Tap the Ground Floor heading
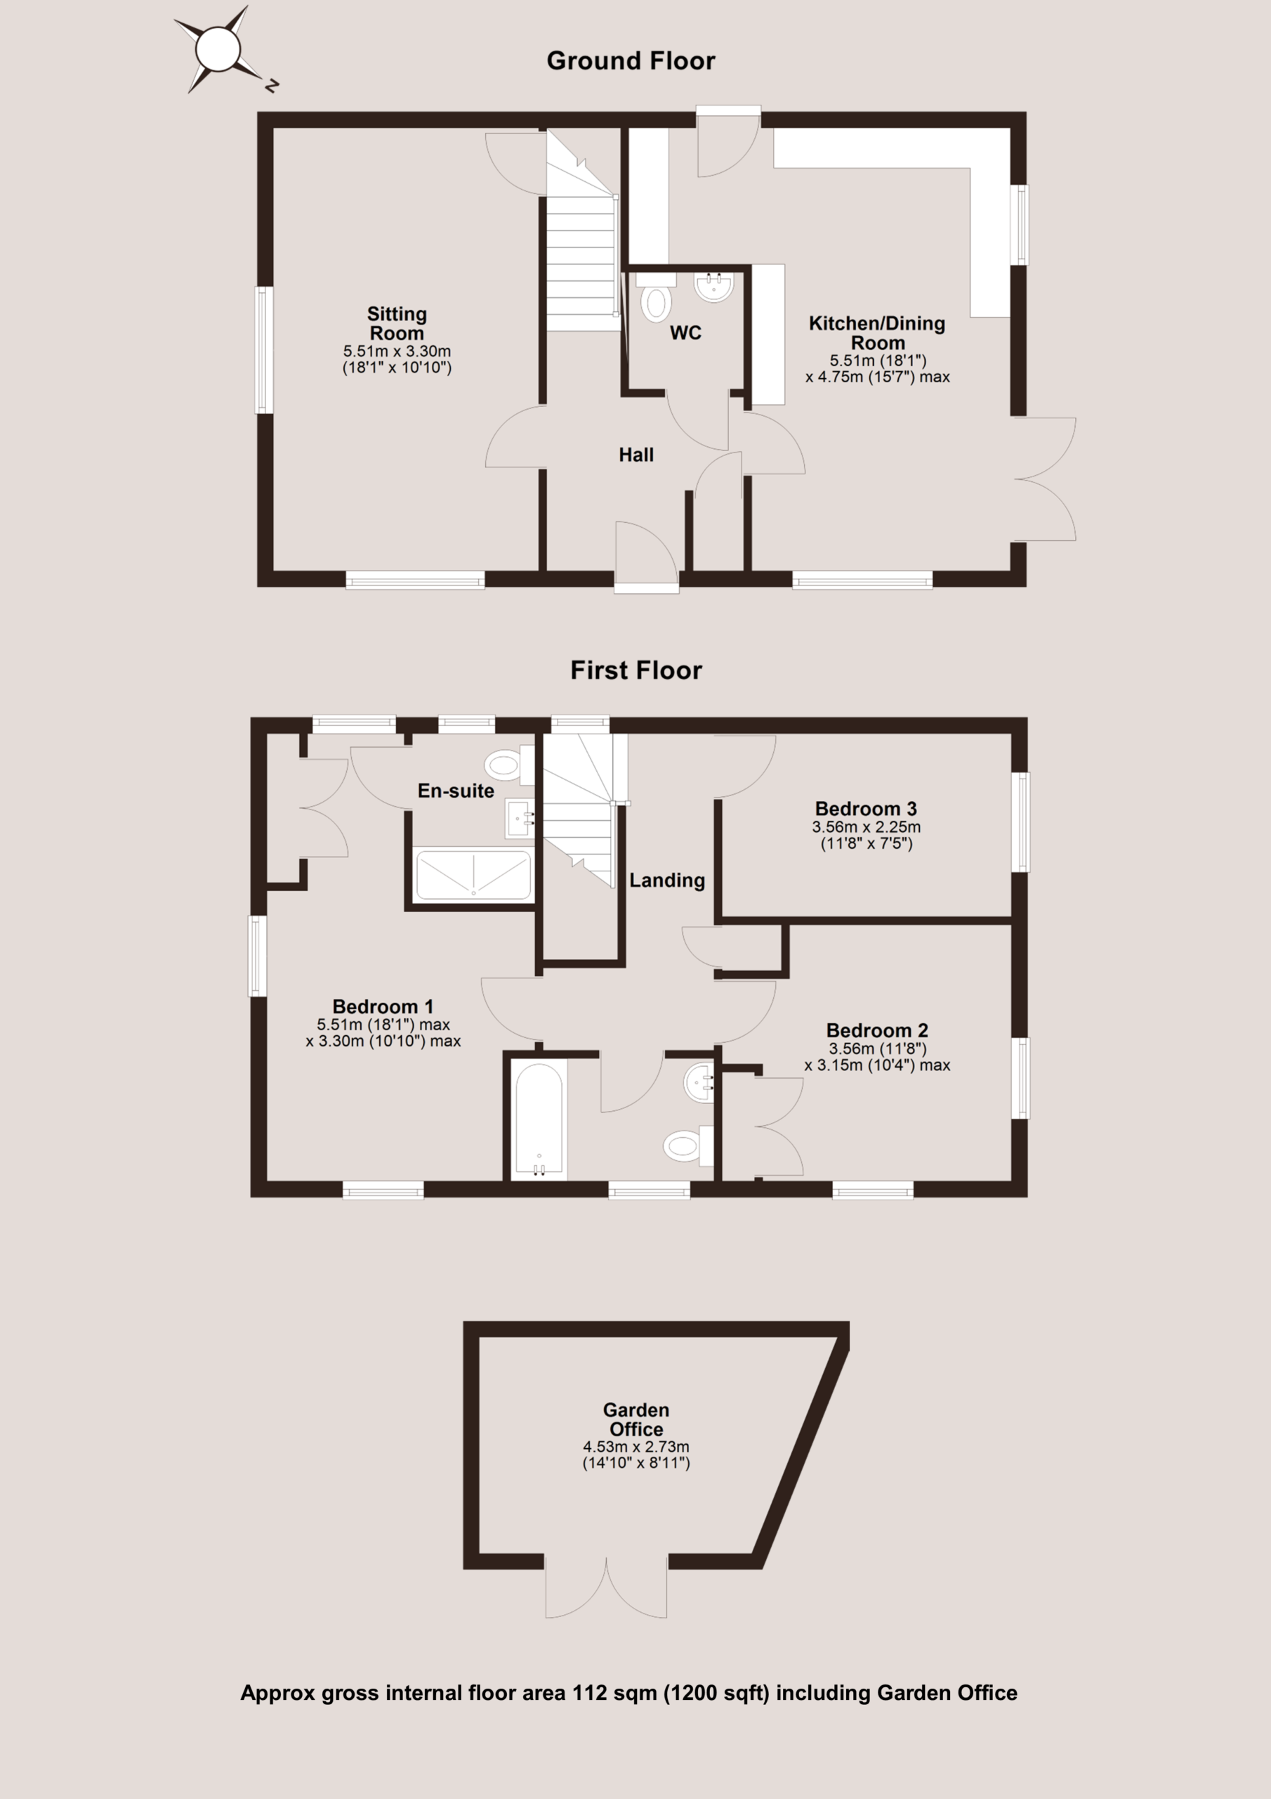(631, 61)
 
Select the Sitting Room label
(397, 323)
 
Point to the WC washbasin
(713, 287)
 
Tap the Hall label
(636, 455)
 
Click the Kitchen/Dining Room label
(877, 333)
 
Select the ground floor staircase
(581, 231)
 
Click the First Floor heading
(636, 670)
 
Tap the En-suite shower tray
(473, 874)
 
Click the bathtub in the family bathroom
(539, 1120)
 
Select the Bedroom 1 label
(383, 1006)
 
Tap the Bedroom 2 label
(877, 1030)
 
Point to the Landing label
(667, 881)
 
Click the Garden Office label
(636, 1420)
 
